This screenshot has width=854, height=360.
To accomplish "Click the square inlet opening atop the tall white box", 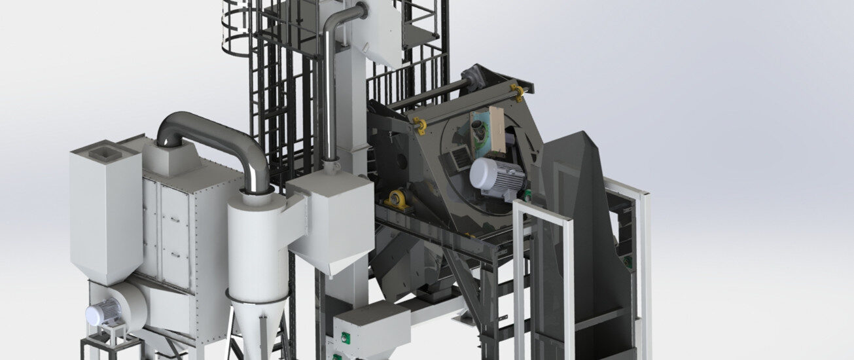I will (x=105, y=154).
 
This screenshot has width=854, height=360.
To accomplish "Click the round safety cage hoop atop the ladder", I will (x=239, y=29).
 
